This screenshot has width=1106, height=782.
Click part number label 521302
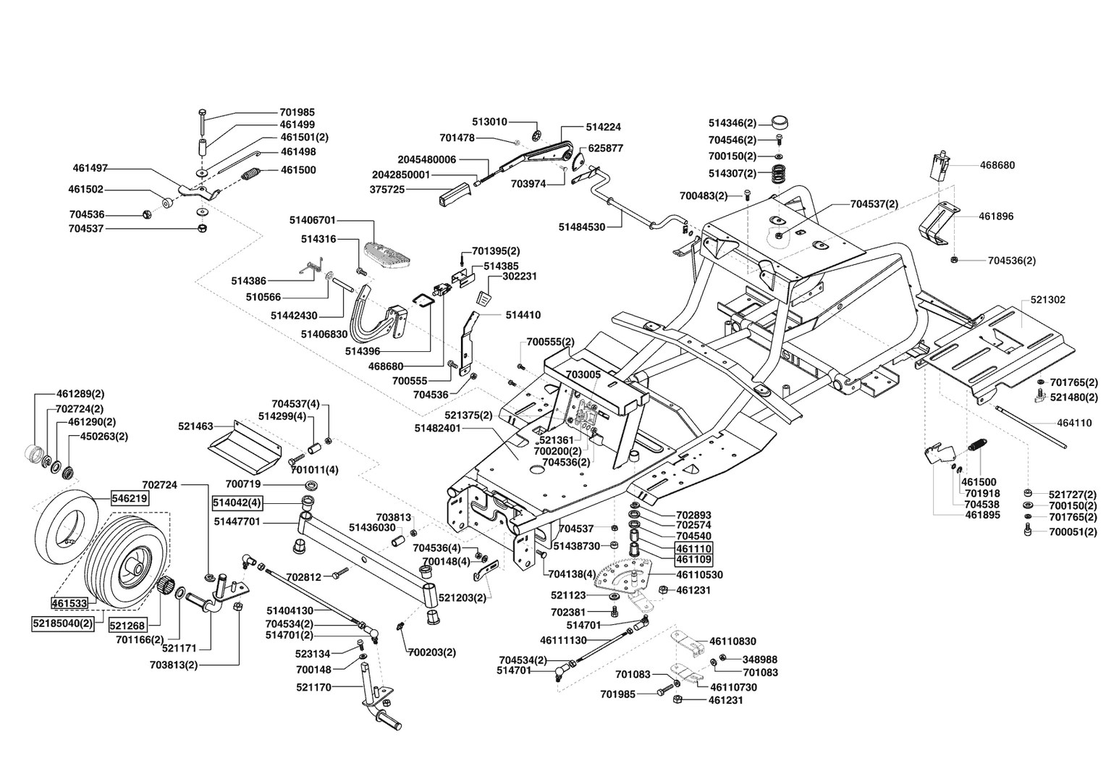point(1047,300)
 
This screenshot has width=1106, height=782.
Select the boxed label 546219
point(129,498)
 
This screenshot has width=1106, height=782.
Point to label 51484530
point(581,227)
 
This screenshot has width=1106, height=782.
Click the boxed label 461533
point(69,602)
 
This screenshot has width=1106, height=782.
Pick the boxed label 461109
point(693,560)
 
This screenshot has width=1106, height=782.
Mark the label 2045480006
point(426,159)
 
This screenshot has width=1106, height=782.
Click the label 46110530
point(699,575)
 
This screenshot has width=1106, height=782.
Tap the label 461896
point(996,216)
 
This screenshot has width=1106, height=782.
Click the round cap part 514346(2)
point(780,122)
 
